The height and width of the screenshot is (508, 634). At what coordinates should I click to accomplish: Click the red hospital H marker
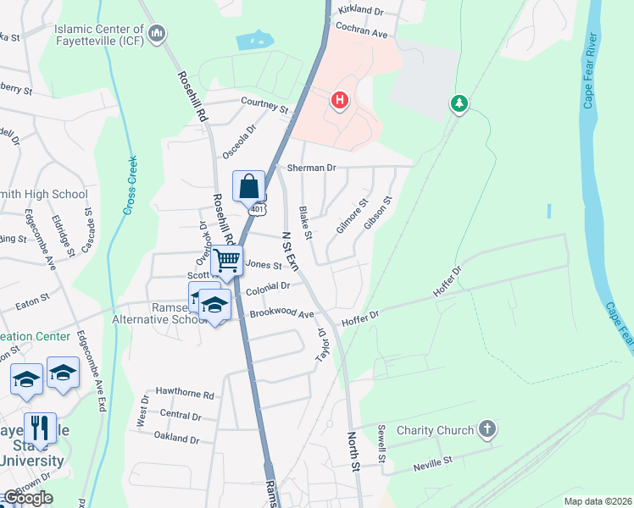(340, 102)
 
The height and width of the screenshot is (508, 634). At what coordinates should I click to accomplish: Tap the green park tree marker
(459, 102)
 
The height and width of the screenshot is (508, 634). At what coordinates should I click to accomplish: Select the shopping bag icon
(249, 187)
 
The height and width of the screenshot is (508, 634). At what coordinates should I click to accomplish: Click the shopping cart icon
(227, 261)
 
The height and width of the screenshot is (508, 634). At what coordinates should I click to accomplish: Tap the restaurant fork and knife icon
(40, 428)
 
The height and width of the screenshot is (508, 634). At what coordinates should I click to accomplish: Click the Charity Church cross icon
(487, 429)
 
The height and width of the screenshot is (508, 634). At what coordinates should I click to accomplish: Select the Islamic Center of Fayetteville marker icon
(157, 33)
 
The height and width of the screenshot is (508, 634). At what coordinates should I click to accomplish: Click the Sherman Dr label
(306, 168)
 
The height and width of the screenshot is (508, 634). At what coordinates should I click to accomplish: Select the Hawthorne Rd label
(185, 395)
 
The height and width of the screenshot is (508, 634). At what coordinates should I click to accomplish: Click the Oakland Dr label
(176, 439)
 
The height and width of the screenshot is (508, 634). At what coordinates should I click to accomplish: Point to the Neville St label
(433, 463)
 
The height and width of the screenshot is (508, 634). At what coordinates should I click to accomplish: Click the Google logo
(28, 498)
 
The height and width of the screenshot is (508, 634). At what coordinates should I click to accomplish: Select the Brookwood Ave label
(281, 313)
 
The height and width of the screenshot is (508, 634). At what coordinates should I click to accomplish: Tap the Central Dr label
(181, 416)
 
